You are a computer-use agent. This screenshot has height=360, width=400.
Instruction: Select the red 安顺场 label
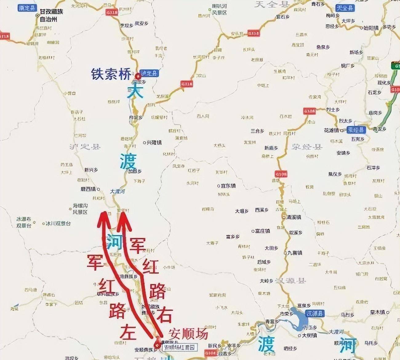[188, 334]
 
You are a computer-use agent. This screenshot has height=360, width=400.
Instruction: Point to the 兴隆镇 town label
[154, 143]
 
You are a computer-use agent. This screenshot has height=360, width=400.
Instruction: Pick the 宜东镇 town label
[228, 186]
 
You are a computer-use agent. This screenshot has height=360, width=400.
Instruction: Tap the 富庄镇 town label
[262, 231]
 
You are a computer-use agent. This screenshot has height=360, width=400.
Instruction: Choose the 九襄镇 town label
[294, 253]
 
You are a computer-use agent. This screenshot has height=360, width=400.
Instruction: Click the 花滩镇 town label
[331, 130]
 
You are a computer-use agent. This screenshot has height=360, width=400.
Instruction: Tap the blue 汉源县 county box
[315, 314]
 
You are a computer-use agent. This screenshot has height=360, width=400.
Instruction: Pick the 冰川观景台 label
[58, 223]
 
